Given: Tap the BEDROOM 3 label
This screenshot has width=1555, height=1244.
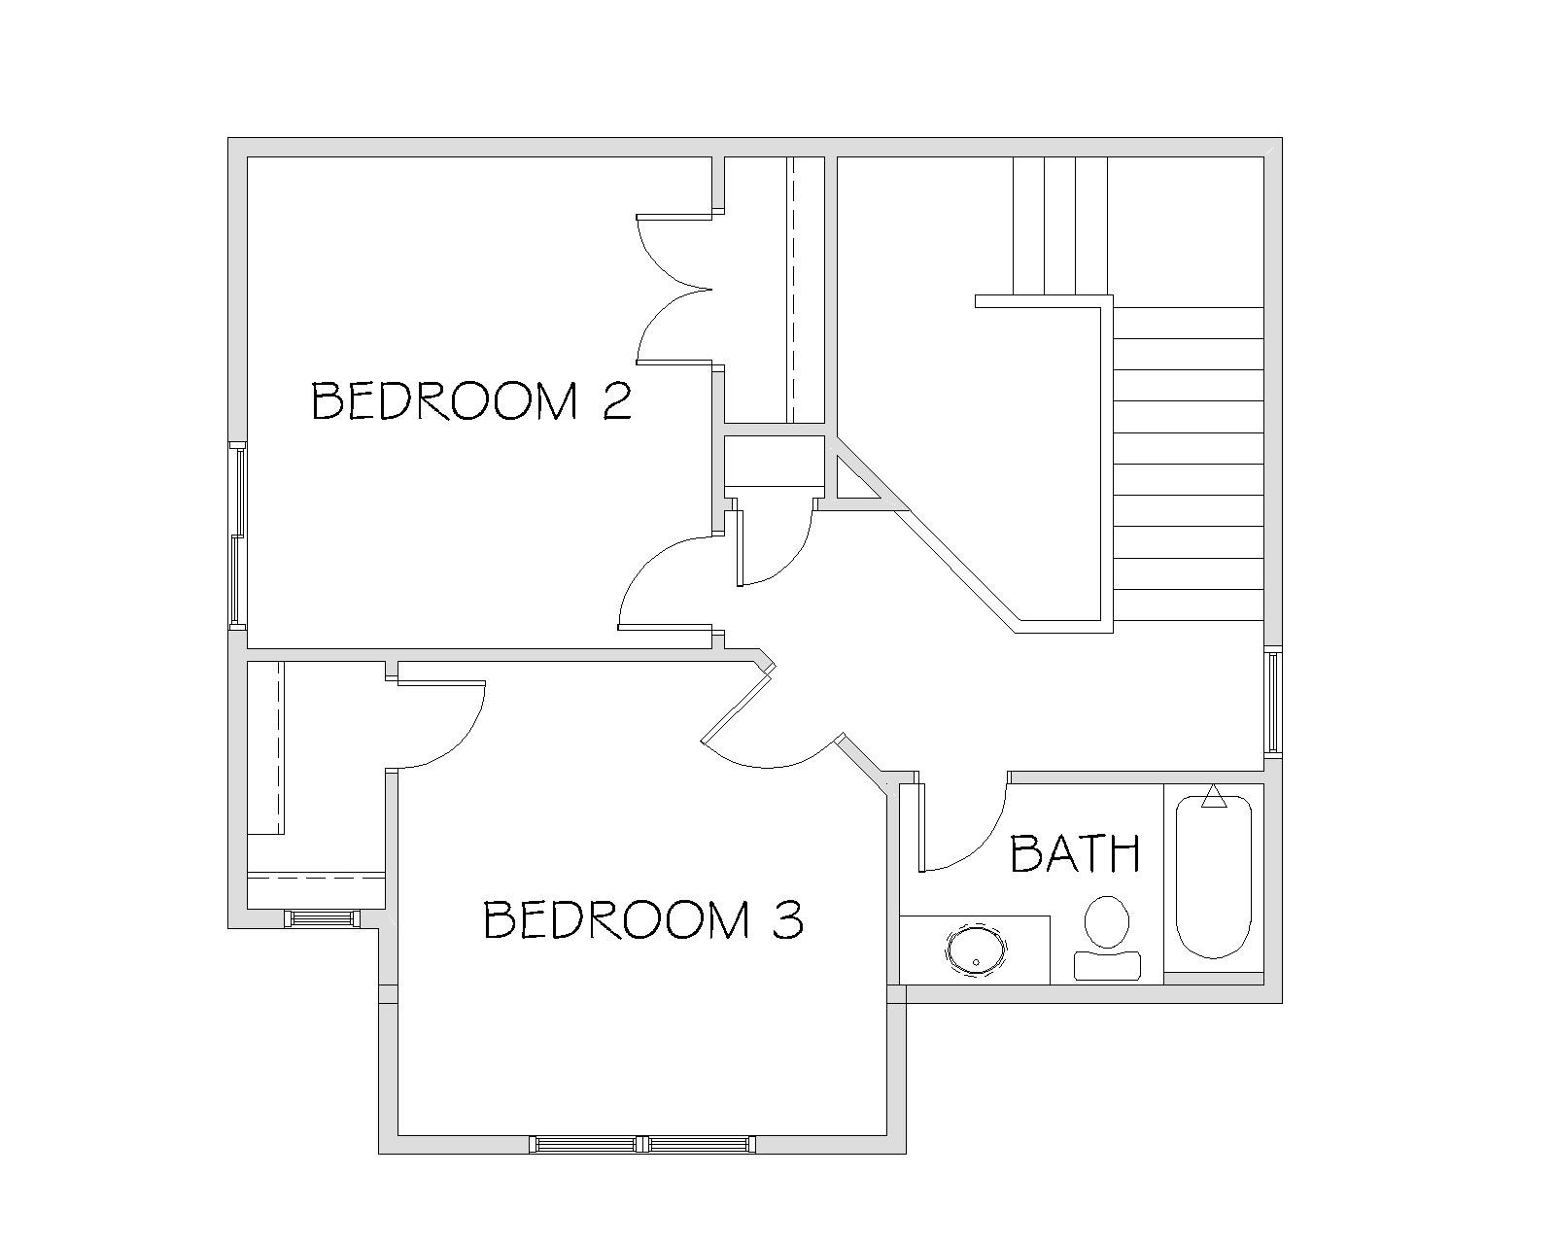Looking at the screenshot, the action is [x=642, y=918].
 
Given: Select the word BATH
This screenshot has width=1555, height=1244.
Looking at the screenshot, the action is [x=1075, y=853].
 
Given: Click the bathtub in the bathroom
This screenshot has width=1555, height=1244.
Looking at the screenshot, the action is [x=1213, y=877].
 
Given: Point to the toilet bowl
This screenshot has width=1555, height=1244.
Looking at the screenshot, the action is [x=1107, y=921].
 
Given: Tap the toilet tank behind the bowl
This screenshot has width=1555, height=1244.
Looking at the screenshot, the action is [x=1108, y=966].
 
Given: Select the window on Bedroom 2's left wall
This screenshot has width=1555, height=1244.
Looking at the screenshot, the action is [x=238, y=535].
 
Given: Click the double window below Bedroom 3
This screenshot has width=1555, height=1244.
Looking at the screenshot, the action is [x=642, y=1144].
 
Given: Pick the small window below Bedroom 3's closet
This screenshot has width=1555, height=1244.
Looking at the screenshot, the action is [x=322, y=918].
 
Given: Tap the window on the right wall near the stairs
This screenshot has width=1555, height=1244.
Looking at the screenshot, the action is [x=1273, y=702].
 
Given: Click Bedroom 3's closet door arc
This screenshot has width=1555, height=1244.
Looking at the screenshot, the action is [x=463, y=738].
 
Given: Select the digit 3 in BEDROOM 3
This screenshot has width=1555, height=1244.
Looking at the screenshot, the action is [x=787, y=918].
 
